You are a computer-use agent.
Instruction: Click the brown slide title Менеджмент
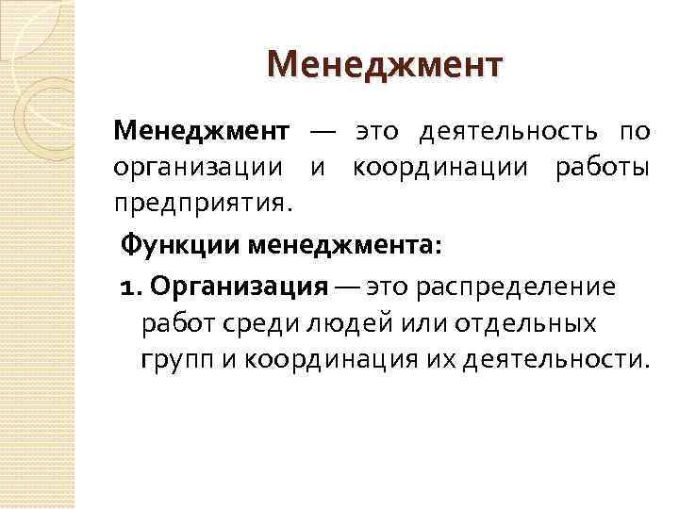tap(386, 67)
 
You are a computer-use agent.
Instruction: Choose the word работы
tap(601, 168)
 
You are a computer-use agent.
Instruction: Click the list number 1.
tap(129, 286)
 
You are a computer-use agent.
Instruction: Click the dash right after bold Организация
tap(346, 286)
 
